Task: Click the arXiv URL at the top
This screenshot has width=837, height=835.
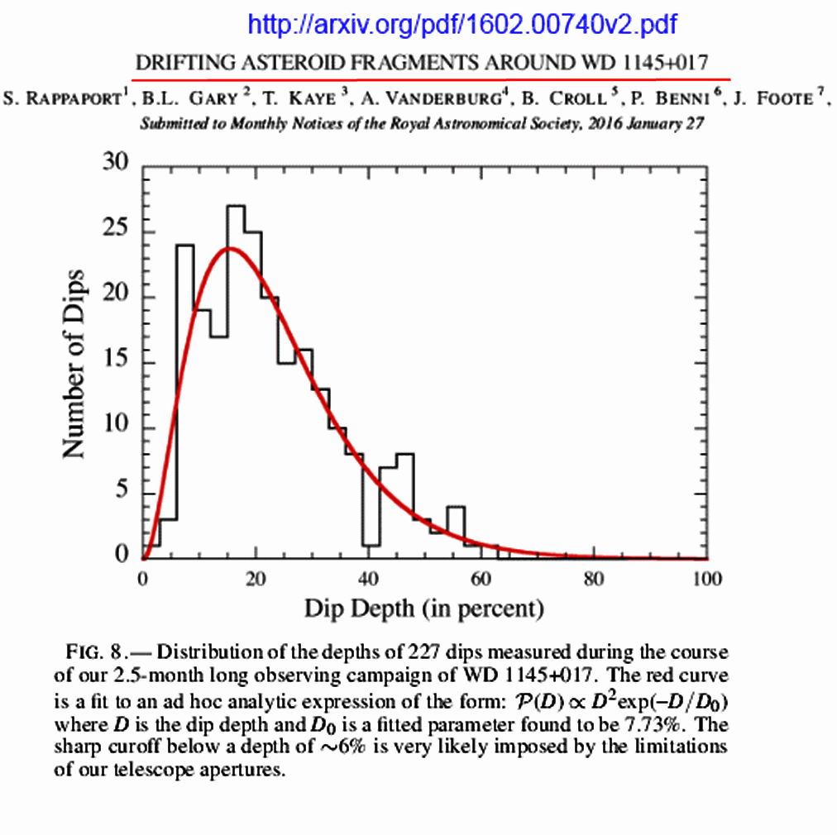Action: (462, 24)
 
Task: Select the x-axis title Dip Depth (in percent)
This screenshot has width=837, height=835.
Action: (424, 609)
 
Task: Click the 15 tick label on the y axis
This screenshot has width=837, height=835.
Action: (115, 363)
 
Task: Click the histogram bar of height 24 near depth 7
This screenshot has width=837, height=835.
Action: (184, 397)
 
